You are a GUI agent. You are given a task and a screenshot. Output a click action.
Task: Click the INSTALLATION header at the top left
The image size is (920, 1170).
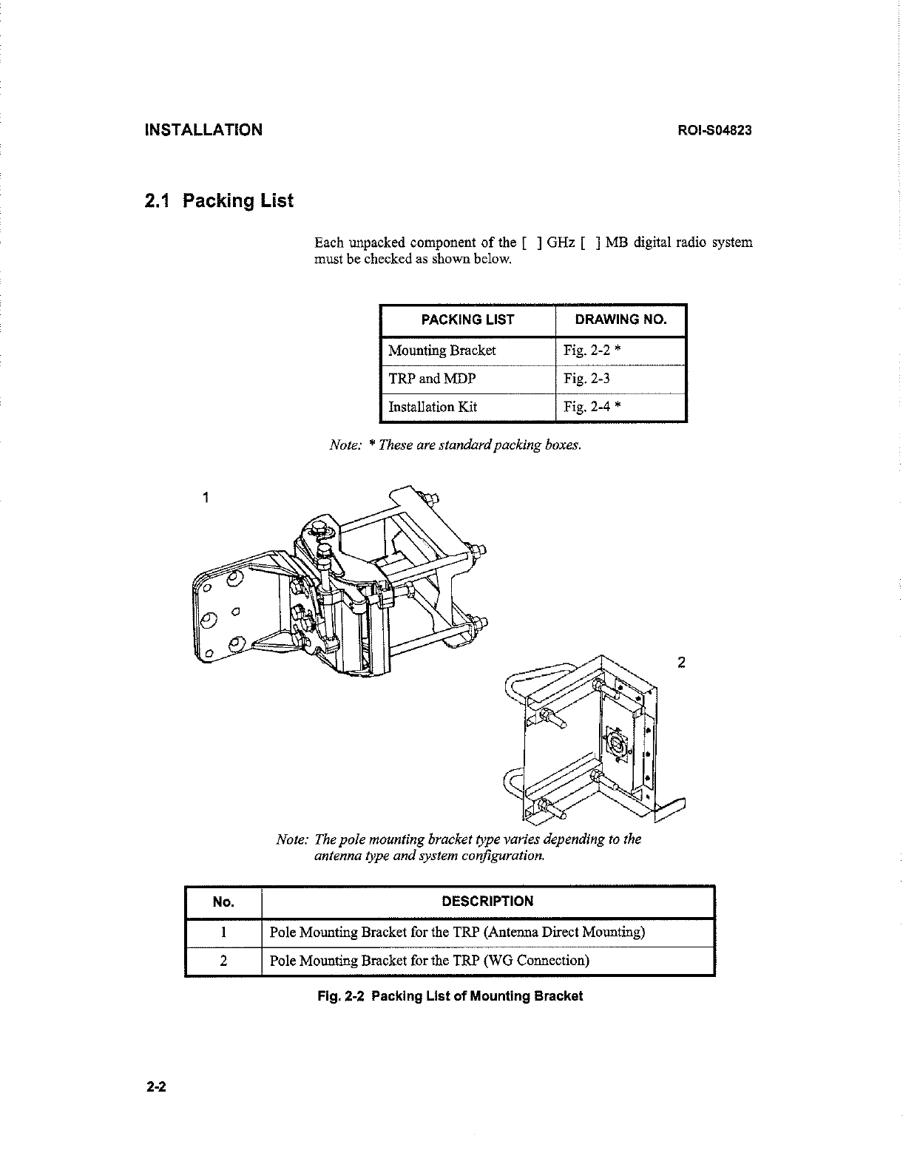click(203, 130)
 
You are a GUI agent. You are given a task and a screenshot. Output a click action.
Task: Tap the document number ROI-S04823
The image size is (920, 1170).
click(715, 131)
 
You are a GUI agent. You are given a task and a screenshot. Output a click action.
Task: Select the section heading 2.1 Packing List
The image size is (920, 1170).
click(219, 200)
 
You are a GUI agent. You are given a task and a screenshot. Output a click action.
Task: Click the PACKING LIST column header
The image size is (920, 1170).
click(467, 319)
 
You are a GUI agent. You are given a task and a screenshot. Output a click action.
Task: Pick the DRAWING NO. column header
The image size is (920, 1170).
click(620, 319)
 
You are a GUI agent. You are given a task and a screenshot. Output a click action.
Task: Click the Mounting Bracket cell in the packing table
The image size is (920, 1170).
click(442, 351)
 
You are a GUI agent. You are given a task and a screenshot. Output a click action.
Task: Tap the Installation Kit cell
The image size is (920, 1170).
click(433, 407)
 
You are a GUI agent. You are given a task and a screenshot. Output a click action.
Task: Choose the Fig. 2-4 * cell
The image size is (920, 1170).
click(592, 407)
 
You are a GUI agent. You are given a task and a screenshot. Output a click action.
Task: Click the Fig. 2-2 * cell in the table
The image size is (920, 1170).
click(592, 351)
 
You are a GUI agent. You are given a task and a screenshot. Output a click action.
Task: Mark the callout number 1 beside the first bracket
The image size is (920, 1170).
click(206, 497)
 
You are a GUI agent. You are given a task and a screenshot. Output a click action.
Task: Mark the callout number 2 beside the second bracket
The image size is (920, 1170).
click(681, 662)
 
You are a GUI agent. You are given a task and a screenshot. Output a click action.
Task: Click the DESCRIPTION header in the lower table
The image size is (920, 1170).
click(487, 902)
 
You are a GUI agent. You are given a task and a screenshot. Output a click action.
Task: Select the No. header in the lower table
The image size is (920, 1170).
click(223, 902)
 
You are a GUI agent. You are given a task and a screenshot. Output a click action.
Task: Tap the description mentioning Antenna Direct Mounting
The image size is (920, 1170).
click(457, 932)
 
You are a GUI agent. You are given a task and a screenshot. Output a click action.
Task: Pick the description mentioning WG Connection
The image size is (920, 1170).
click(430, 961)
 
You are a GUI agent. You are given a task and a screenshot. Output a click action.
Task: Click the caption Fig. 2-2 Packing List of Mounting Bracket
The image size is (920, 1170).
click(450, 996)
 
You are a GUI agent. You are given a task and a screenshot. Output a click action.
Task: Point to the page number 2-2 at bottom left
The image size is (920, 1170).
click(157, 1087)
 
